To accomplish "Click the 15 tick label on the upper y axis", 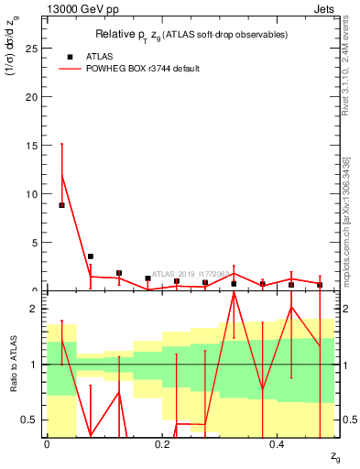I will pyautogui.click(x=35, y=145).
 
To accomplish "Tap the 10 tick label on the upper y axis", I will pyautogui.click(x=35, y=193).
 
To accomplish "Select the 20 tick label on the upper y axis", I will pyautogui.click(x=35, y=96).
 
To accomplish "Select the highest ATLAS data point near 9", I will pyautogui.click(x=61, y=205).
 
